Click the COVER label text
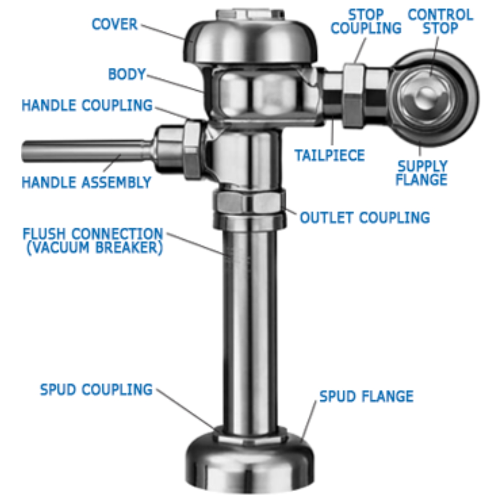tap(114, 24)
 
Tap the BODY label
tap(127, 74)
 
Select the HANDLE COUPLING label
tap(87, 105)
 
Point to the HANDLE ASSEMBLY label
tap(86, 182)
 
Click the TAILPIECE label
tap(330, 155)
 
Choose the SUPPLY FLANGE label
tap(421, 173)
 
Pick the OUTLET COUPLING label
tap(365, 218)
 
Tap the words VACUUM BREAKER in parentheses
tap(95, 247)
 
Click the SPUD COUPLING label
tap(96, 397)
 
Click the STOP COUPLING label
tap(366, 22)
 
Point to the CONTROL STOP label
tap(441, 22)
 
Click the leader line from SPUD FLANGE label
tap(309, 420)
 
